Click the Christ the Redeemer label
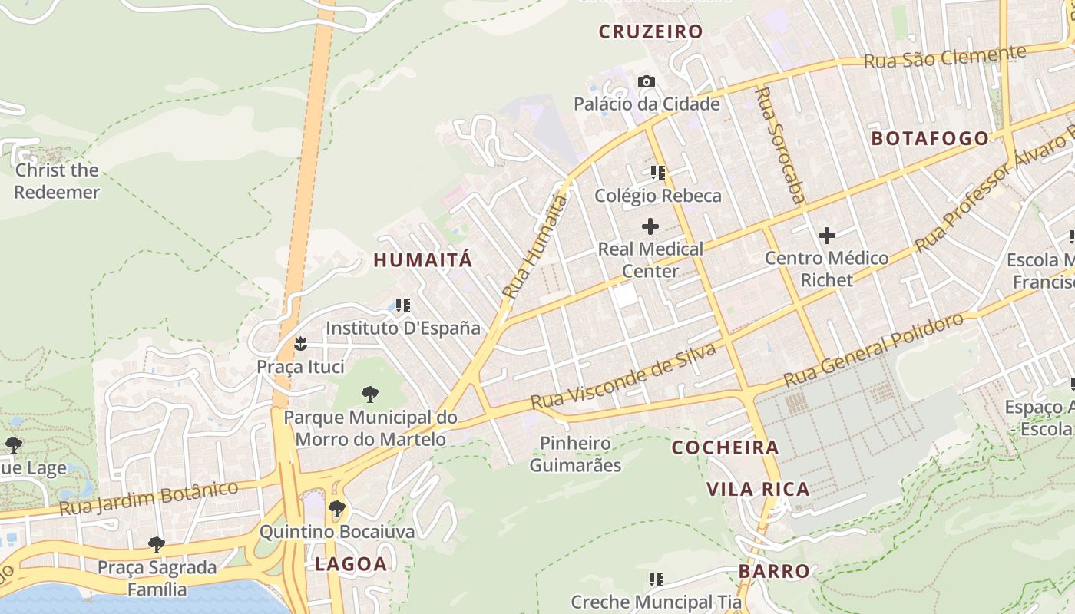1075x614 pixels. pyautogui.click(x=57, y=181)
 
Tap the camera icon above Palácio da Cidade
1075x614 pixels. pyautogui.click(x=647, y=81)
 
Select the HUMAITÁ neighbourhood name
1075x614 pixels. pyautogui.click(x=423, y=260)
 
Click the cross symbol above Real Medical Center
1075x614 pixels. pyautogui.click(x=650, y=226)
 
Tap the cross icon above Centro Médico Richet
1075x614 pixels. pyautogui.click(x=827, y=236)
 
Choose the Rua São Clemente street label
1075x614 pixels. pyautogui.click(x=944, y=57)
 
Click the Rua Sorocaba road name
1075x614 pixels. pyautogui.click(x=780, y=145)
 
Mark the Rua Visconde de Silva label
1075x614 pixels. pyautogui.click(x=623, y=376)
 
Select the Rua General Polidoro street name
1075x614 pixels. pyautogui.click(x=873, y=350)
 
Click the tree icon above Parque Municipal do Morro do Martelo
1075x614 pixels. pyautogui.click(x=370, y=394)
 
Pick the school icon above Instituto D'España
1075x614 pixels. pyautogui.click(x=403, y=305)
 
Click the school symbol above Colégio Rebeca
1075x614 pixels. pyautogui.click(x=657, y=173)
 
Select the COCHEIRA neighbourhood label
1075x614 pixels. pyautogui.click(x=725, y=447)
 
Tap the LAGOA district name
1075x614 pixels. pyautogui.click(x=351, y=565)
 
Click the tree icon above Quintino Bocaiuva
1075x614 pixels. pyautogui.click(x=336, y=508)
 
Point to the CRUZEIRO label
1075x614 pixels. pyautogui.click(x=650, y=32)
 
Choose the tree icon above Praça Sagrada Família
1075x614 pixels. pyautogui.click(x=157, y=545)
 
